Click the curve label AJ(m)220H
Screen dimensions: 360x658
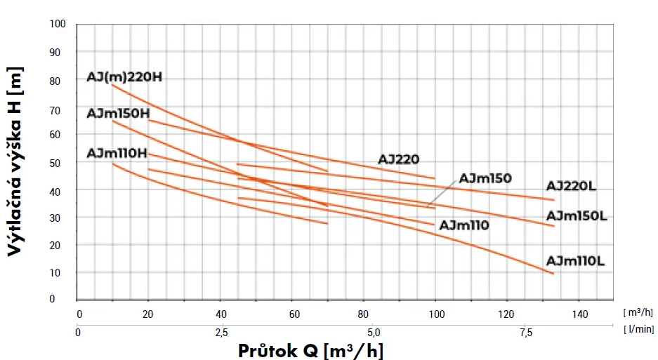pyautogui.click(x=124, y=77)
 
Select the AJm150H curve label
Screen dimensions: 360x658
pyautogui.click(x=118, y=114)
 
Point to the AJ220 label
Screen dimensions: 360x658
pyautogui.click(x=398, y=159)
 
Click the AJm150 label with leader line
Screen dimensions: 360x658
pyautogui.click(x=485, y=178)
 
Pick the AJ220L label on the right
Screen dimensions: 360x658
pyautogui.click(x=571, y=187)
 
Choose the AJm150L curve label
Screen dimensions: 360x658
pyautogui.click(x=575, y=215)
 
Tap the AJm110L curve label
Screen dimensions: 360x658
pyautogui.click(x=575, y=261)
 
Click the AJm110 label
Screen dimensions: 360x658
pyautogui.click(x=463, y=225)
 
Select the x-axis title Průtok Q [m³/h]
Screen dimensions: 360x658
pyautogui.click(x=310, y=350)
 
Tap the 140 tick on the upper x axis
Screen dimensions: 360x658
pyautogui.click(x=579, y=314)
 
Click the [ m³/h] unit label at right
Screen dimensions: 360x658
pyautogui.click(x=638, y=312)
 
